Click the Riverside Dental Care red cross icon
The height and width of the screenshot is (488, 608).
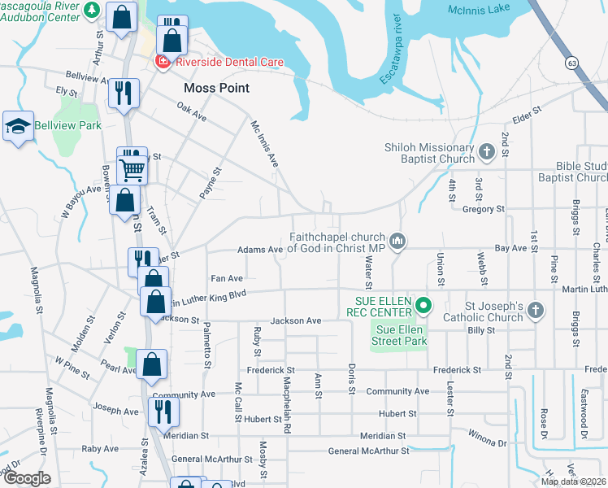(x=163, y=61)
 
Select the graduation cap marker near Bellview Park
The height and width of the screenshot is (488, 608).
(x=18, y=126)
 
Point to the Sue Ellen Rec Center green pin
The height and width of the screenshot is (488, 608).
(x=423, y=306)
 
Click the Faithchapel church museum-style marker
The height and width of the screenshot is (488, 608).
(x=397, y=240)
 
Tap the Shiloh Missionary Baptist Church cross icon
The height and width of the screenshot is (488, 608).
(x=486, y=150)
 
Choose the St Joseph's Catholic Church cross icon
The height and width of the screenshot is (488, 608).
(x=535, y=309)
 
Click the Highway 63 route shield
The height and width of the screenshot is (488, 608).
(x=573, y=62)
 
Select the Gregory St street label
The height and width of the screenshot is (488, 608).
(x=483, y=209)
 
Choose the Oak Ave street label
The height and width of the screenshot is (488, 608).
(x=192, y=112)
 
